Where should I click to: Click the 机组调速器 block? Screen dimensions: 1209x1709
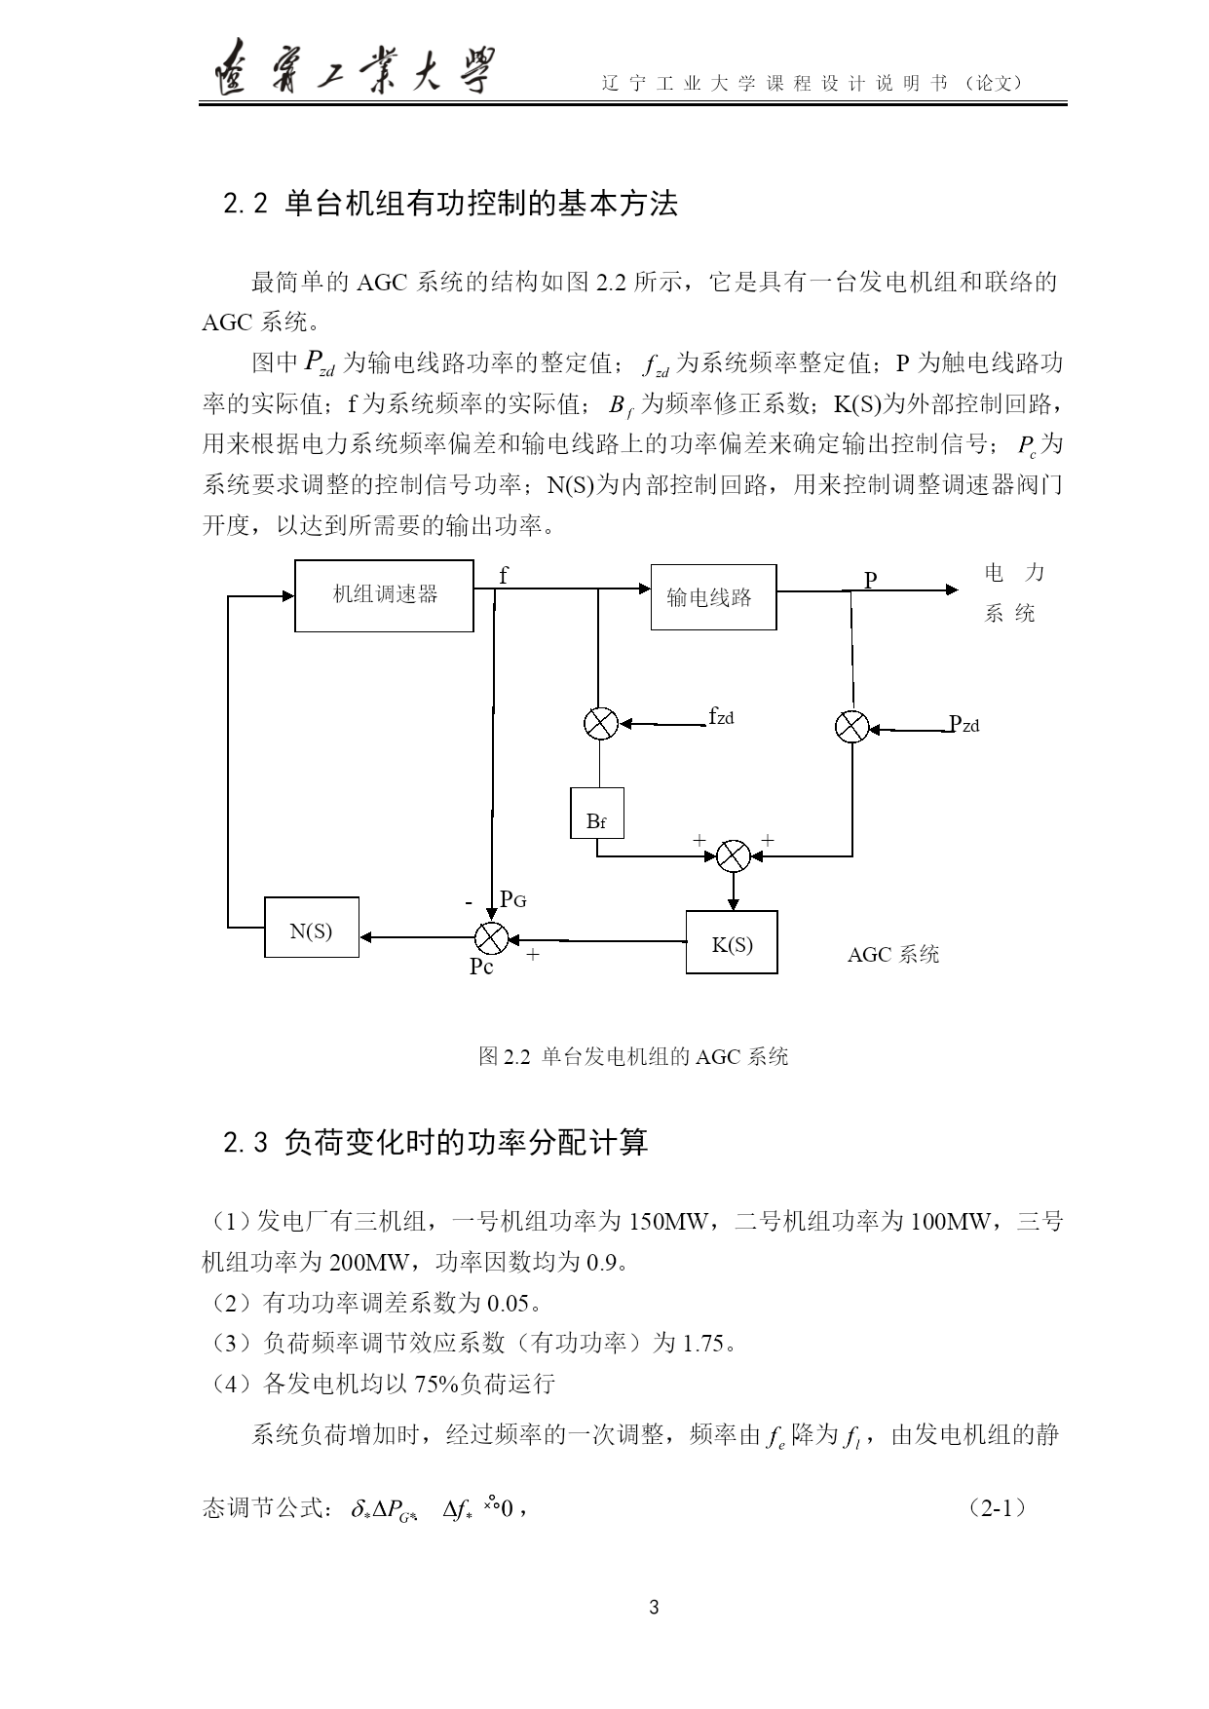(384, 595)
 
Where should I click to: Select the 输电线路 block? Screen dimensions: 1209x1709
(713, 596)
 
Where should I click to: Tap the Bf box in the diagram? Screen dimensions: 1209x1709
(597, 814)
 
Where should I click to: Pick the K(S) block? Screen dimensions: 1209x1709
(732, 942)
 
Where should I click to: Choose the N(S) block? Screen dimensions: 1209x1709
(312, 928)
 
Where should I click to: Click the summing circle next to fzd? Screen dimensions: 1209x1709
(600, 723)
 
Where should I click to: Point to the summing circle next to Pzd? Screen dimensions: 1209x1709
(852, 726)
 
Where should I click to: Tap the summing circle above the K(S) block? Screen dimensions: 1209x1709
(733, 855)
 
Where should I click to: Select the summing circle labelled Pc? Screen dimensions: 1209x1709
(490, 937)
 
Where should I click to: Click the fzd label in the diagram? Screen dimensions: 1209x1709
(721, 717)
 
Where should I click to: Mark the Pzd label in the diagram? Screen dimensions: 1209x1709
(964, 724)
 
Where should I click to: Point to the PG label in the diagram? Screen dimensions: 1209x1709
(513, 899)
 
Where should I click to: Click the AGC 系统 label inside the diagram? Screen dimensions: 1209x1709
(893, 955)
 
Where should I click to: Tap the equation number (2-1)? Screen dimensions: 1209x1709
(999, 1509)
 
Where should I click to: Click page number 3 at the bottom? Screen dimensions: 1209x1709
(654, 1608)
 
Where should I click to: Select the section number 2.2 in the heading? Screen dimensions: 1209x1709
(245, 205)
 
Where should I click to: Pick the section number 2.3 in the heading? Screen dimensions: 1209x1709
(245, 1143)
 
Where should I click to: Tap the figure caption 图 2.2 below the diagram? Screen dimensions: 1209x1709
(633, 1057)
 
